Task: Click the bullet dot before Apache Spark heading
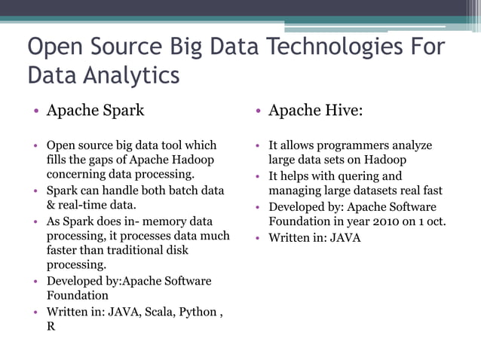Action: (x=36, y=111)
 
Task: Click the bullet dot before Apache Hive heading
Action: (x=258, y=111)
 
